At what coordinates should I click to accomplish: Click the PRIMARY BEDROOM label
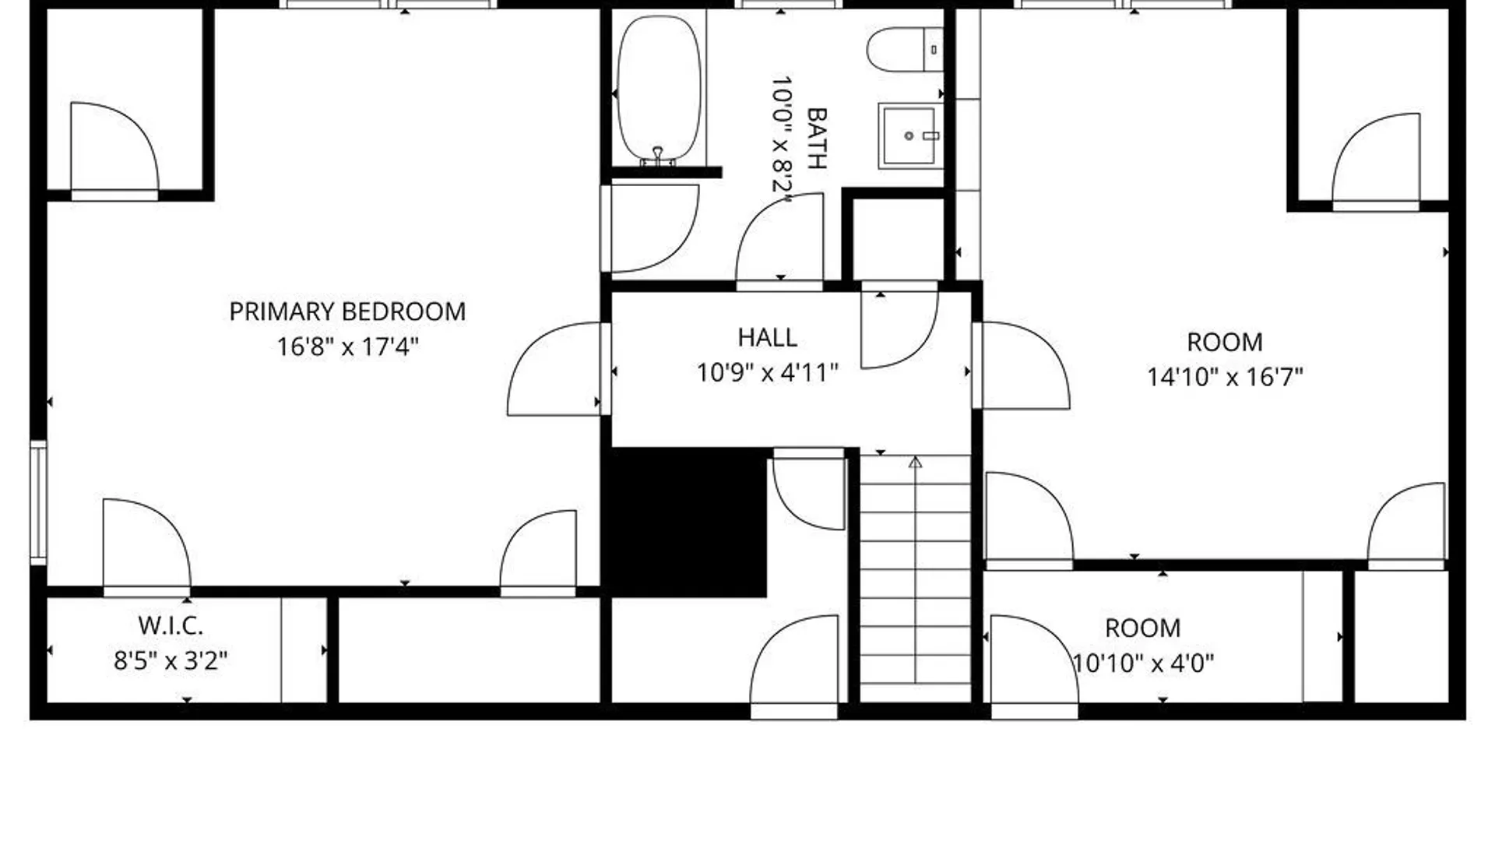(x=347, y=312)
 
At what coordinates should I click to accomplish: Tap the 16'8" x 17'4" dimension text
(x=348, y=347)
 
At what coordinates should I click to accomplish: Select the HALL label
(x=768, y=338)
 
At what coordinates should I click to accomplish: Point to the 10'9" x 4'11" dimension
(x=768, y=373)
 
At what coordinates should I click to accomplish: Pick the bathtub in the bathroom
(x=659, y=90)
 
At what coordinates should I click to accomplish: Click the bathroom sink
(x=909, y=136)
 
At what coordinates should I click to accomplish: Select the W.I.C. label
(x=171, y=625)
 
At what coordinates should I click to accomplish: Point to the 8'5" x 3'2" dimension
(x=171, y=661)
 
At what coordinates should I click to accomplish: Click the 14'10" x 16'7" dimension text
(x=1225, y=378)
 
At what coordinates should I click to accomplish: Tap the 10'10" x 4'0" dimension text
(x=1144, y=663)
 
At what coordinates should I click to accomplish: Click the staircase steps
(x=916, y=579)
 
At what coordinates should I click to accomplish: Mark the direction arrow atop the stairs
(x=916, y=463)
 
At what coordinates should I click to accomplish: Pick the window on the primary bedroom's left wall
(x=38, y=502)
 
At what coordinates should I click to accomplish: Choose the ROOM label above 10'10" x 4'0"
(x=1143, y=628)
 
